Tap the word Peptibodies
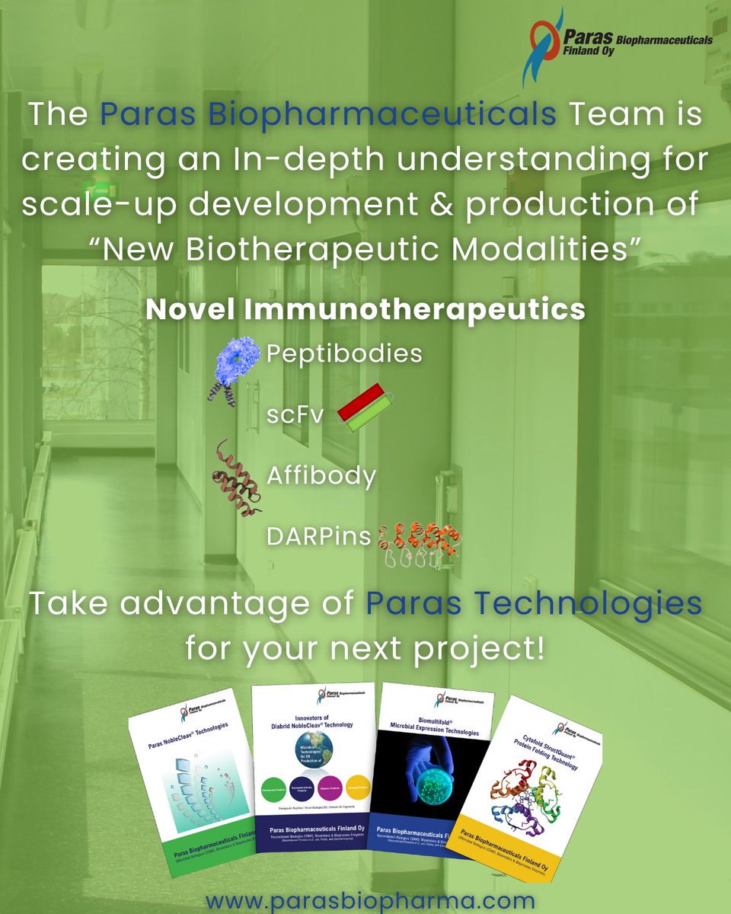pos(343,354)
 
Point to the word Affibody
pos(321,476)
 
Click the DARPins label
pos(318,536)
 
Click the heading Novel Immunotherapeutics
pos(365,310)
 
